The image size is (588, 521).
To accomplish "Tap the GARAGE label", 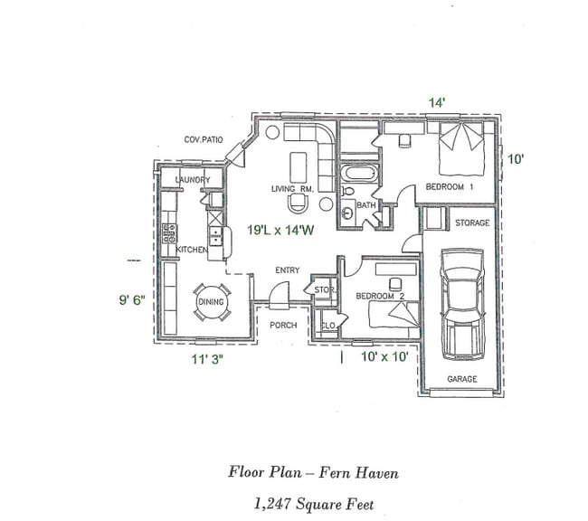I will [462, 379].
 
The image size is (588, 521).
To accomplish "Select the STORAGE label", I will [471, 223].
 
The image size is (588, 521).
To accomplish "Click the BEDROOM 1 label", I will [444, 187].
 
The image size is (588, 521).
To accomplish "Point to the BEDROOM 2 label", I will [379, 296].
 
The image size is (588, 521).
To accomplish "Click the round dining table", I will [211, 302].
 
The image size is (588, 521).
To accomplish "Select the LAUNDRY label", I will [192, 180].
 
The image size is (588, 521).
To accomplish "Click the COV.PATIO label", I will [204, 139].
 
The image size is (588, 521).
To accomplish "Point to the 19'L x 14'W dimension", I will [281, 231].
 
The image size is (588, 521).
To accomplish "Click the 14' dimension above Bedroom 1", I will [437, 103].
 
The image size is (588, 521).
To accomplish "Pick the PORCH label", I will [283, 325].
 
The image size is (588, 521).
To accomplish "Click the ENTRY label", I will [288, 270].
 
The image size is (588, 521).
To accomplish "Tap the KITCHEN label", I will [192, 250].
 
